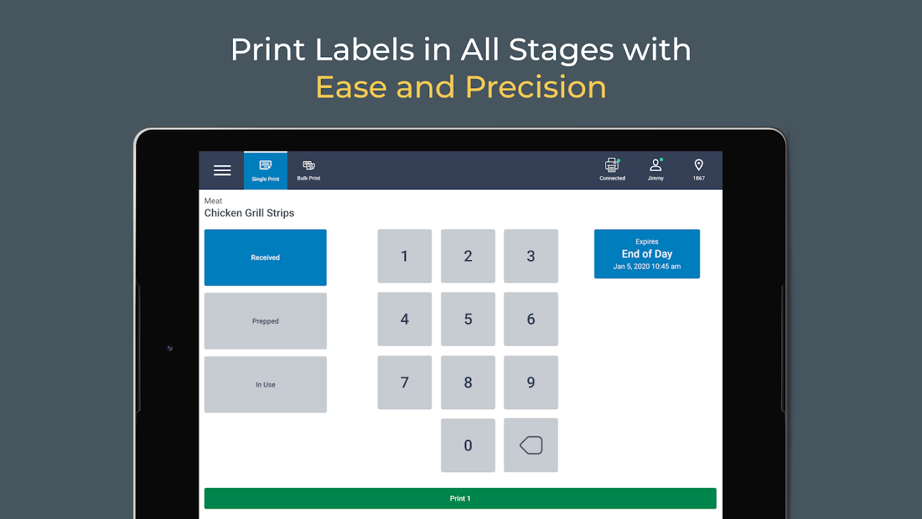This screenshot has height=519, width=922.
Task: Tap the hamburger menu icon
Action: (222, 170)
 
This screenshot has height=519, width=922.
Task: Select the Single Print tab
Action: (265, 171)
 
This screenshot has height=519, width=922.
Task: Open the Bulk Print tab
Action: (309, 171)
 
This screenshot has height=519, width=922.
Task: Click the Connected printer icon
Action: (612, 165)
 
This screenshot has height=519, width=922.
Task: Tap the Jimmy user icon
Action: (656, 165)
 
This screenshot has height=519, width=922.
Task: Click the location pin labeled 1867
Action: (698, 165)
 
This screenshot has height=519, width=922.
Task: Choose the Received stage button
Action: (265, 258)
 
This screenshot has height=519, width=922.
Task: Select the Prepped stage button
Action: (265, 321)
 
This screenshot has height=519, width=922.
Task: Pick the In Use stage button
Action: (265, 384)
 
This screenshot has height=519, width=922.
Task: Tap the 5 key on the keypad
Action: (468, 319)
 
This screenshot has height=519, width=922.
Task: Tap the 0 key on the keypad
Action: (468, 445)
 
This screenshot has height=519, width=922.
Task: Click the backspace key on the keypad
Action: (531, 445)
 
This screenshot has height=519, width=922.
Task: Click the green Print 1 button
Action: (460, 498)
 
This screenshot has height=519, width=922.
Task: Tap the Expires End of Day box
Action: (647, 254)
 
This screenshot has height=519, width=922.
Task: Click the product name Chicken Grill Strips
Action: (249, 213)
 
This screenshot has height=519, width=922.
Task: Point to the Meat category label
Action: (213, 200)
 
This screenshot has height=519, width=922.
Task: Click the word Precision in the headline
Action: (536, 87)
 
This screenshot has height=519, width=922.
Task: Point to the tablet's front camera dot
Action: (170, 348)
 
